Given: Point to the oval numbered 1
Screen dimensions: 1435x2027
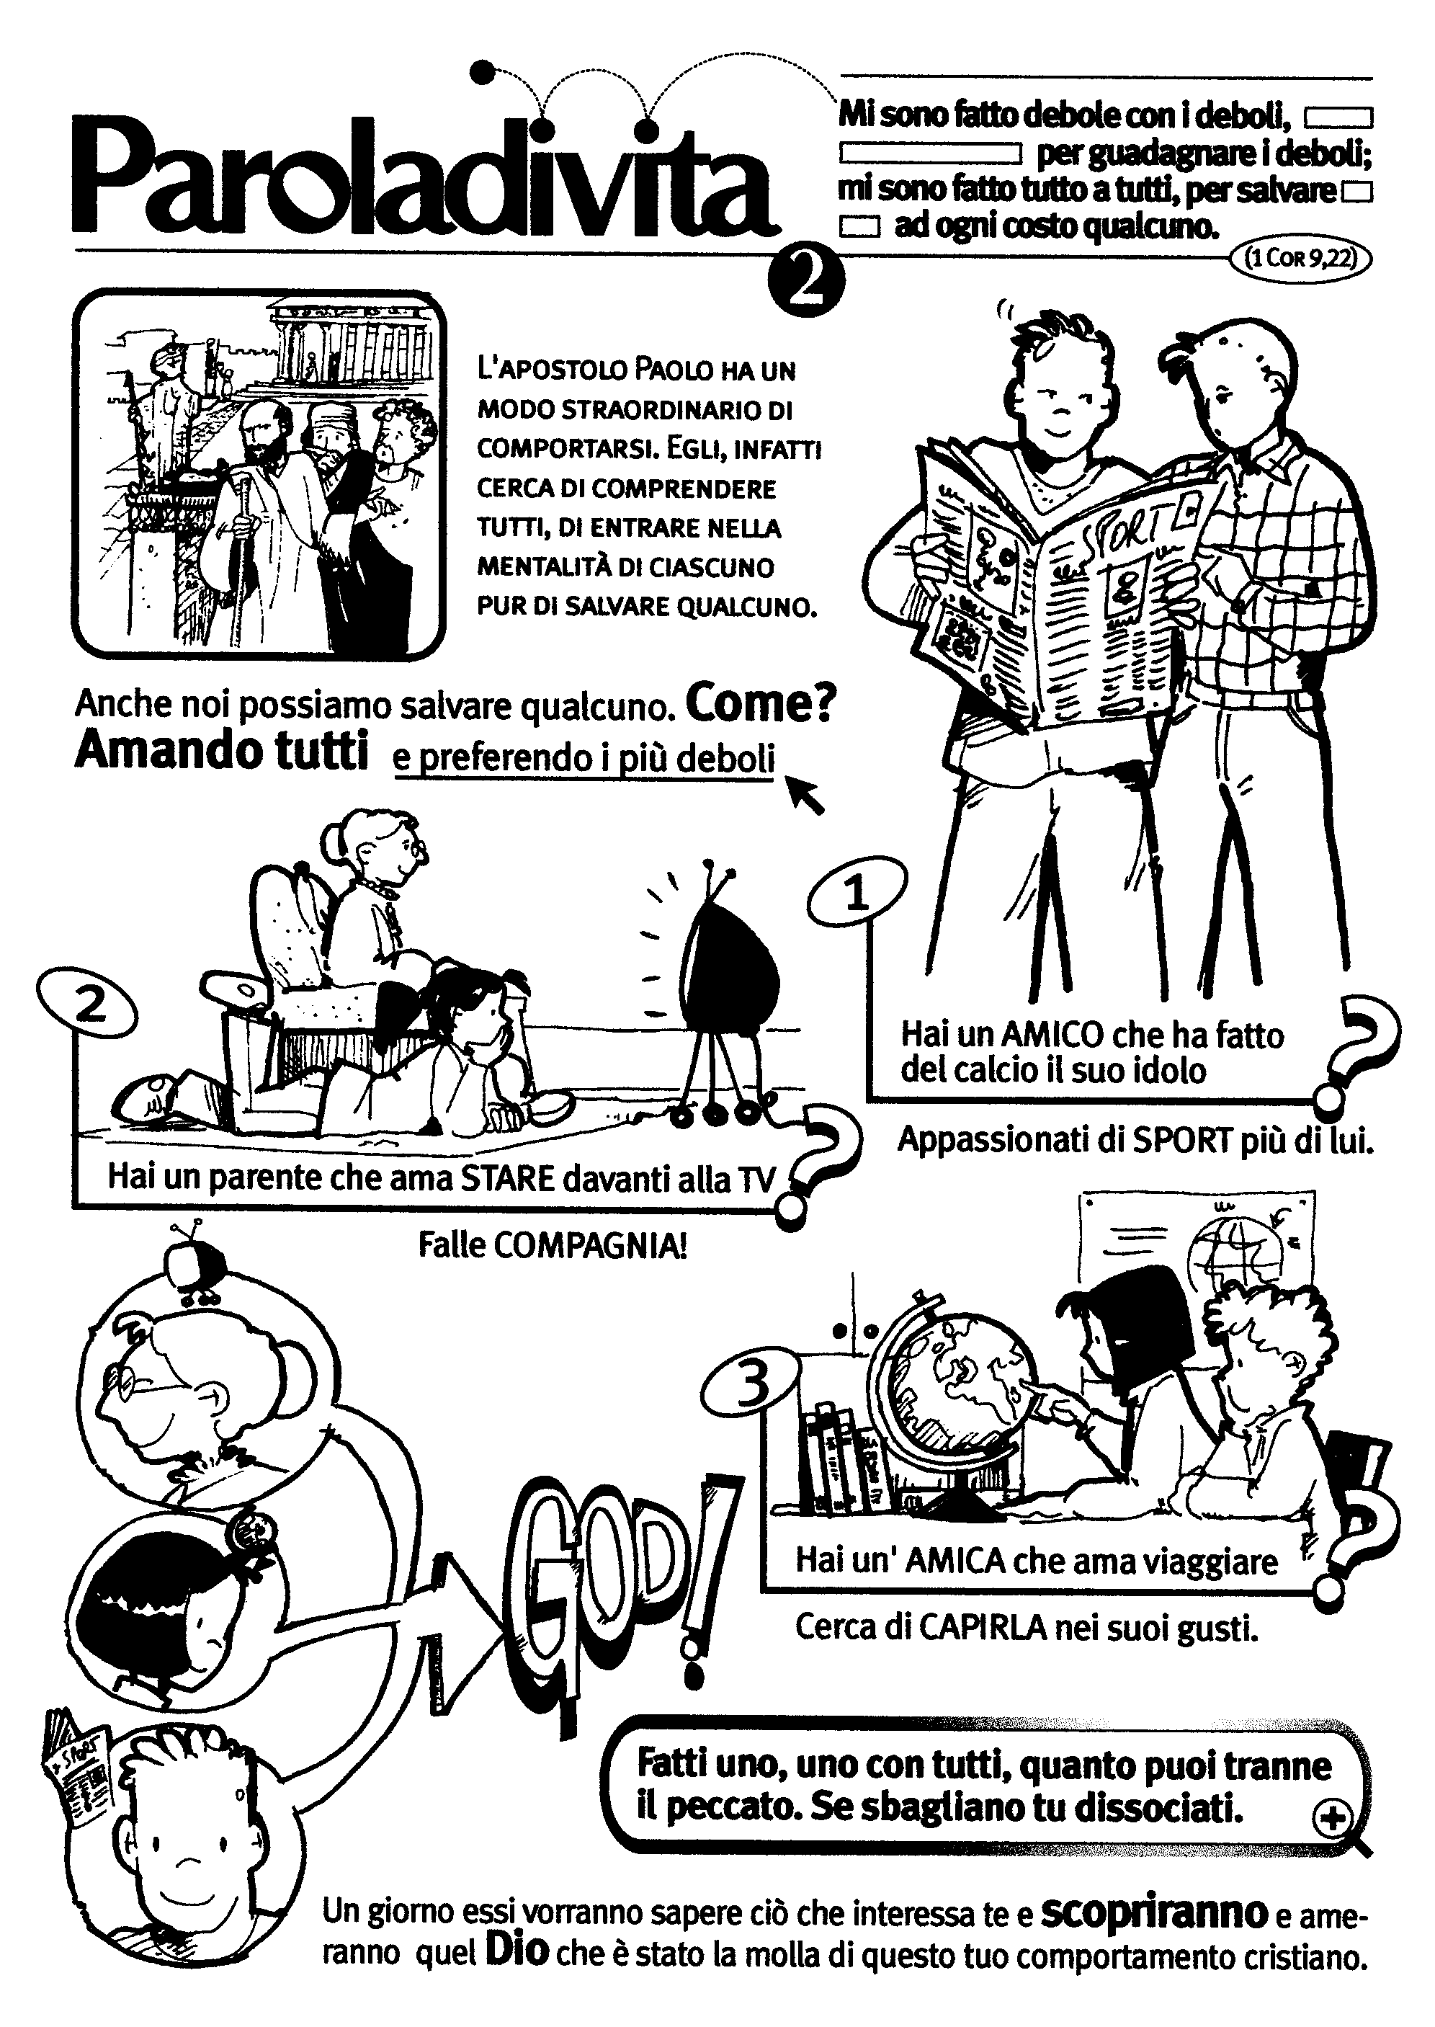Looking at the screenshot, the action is click(857, 894).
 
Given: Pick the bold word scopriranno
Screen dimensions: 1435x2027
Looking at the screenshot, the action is click(1154, 1913).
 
